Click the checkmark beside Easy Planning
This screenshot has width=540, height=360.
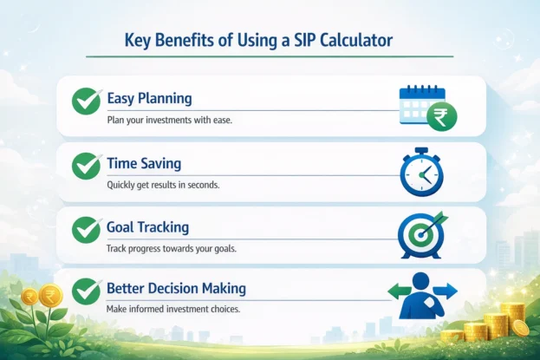pyautogui.click(x=85, y=102)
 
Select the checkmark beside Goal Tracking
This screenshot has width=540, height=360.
pyautogui.click(x=85, y=229)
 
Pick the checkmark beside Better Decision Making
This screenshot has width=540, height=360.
pyautogui.click(x=85, y=292)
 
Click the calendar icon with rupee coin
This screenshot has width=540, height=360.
pyautogui.click(x=426, y=107)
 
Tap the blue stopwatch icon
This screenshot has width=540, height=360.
pyautogui.click(x=421, y=171)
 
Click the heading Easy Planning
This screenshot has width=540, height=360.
pyautogui.click(x=148, y=98)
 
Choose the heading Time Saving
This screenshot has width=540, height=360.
pyautogui.click(x=144, y=161)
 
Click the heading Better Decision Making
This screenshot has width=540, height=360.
pyautogui.click(x=176, y=288)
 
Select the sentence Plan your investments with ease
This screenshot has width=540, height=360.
pyautogui.click(x=170, y=120)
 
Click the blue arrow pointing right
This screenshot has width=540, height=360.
pyautogui.click(x=448, y=291)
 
